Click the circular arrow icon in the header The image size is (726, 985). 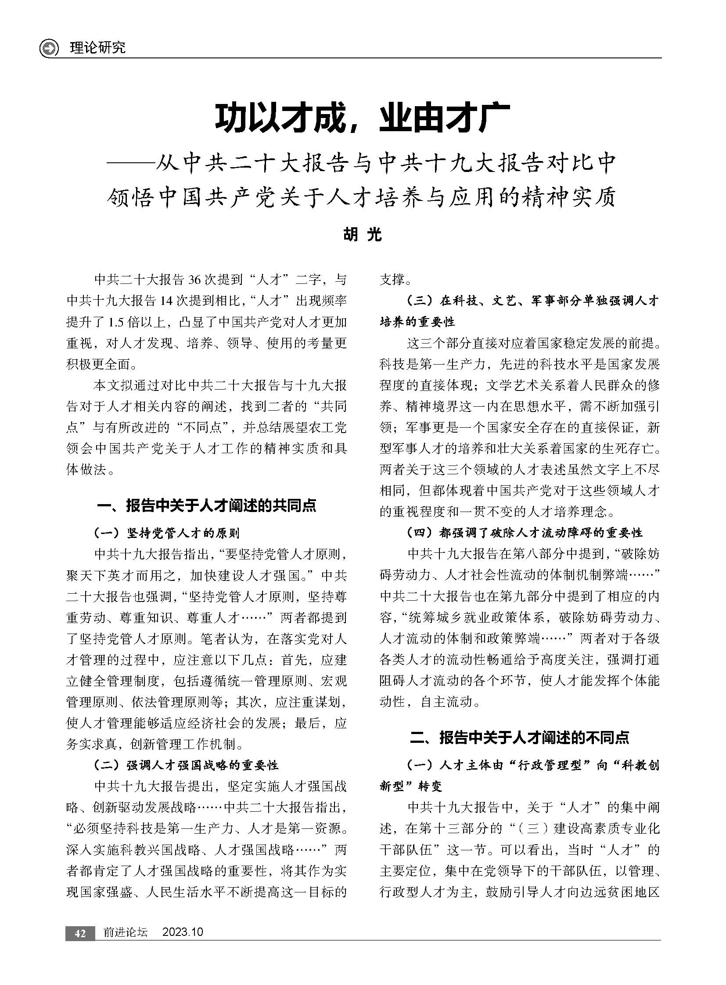tap(49, 48)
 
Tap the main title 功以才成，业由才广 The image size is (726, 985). tap(362, 118)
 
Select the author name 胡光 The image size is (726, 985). tap(362, 235)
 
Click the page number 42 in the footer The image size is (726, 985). tap(80, 933)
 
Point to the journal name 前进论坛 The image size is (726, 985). tap(126, 932)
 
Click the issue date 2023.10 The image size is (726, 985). tap(183, 932)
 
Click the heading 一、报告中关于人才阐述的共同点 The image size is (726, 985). tap(206, 506)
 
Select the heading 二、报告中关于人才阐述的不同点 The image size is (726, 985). tap(519, 737)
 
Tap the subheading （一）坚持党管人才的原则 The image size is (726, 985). tap(167, 534)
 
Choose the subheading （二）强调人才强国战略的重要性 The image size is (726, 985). tap(187, 765)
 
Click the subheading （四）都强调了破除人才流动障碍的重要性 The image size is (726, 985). tap(525, 533)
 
